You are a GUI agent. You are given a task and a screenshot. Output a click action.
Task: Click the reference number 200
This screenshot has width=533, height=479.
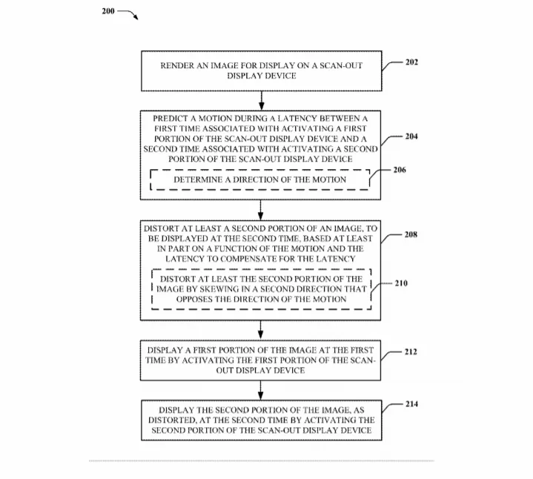[108, 11]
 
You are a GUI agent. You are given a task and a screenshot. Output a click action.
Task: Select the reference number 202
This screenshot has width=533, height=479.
[411, 62]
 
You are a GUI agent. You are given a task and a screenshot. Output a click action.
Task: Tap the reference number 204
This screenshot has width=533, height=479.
[411, 136]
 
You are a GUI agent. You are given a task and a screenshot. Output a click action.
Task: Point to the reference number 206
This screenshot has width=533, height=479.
[400, 170]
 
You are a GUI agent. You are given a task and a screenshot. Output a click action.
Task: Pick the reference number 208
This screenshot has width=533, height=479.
[411, 234]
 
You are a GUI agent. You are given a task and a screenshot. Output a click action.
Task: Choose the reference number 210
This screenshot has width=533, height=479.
[401, 283]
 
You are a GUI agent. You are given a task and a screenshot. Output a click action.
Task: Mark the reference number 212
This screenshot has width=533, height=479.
[411, 351]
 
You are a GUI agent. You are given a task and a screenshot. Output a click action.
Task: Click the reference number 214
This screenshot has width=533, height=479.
[411, 404]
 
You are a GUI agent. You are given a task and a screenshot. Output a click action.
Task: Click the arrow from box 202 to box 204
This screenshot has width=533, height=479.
[262, 101]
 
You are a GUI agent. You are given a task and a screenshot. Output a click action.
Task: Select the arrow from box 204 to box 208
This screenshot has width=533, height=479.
[260, 210]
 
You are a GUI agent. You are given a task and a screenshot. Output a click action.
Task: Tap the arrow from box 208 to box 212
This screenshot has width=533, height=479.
[260, 330]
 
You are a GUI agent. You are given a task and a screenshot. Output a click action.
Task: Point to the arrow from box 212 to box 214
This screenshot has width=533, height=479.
[260, 390]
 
